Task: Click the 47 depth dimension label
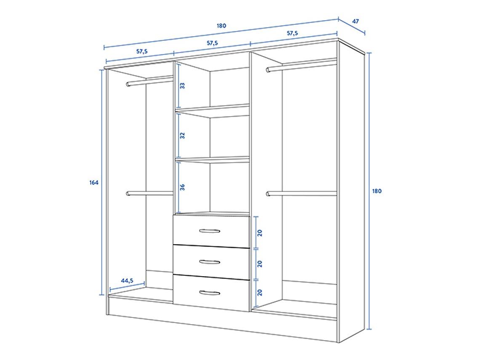356,21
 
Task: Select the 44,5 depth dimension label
127,280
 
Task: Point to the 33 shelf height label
182,86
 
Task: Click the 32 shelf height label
182,136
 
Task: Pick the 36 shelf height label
182,187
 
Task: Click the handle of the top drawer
210,231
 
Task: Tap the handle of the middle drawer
210,262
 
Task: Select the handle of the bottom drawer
210,293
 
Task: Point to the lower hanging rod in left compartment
149,194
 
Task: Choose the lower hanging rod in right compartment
301,194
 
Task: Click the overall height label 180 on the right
377,191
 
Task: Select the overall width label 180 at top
221,26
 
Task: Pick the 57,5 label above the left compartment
141,51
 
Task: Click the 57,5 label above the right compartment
293,33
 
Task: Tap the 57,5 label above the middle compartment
212,43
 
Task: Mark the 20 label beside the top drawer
260,232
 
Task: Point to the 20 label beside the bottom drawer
260,293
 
